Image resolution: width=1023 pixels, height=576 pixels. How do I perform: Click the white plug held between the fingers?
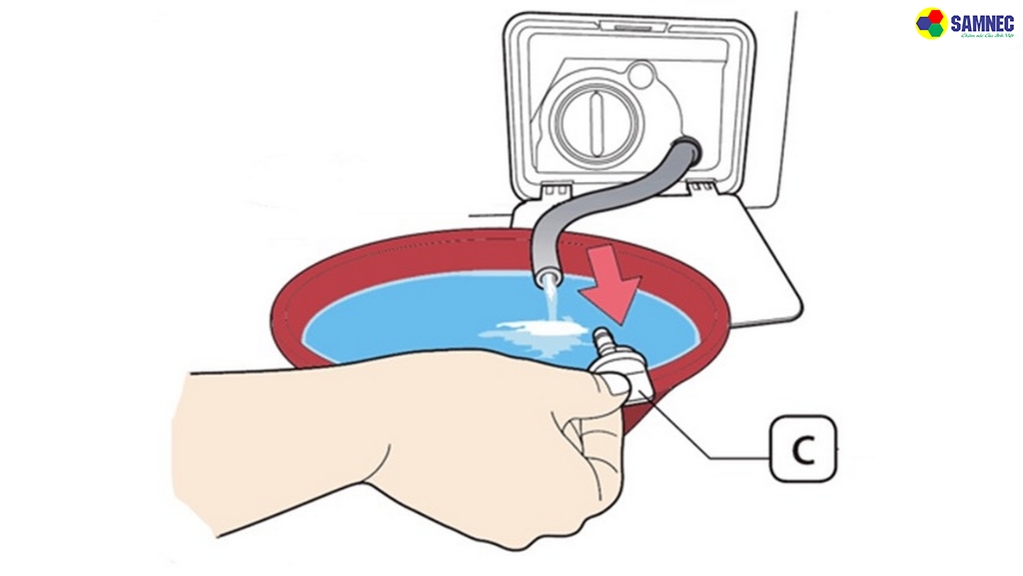pos(617,378)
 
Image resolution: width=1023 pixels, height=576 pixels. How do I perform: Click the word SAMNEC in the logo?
pos(982,21)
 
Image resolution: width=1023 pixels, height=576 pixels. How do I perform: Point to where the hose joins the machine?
pos(688,151)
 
